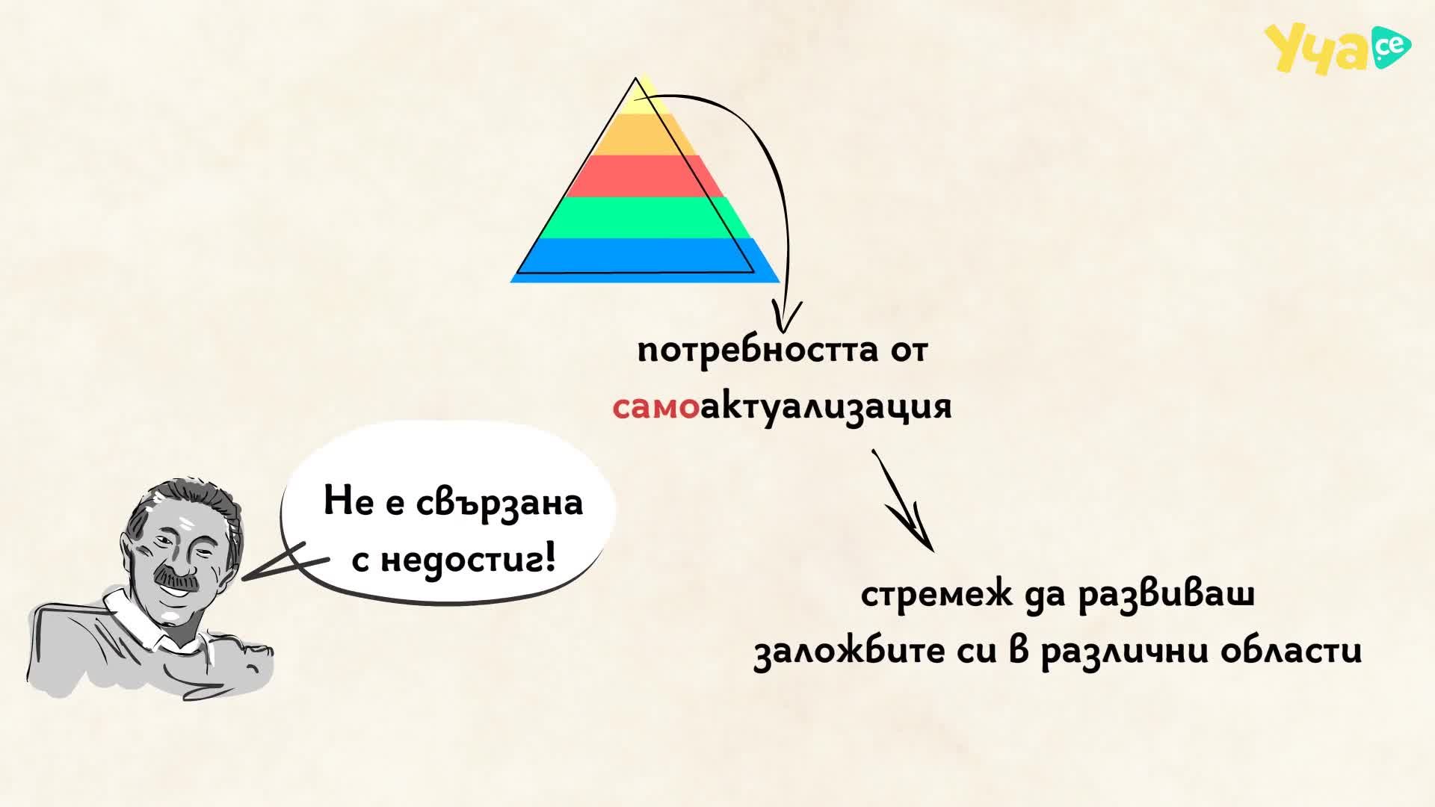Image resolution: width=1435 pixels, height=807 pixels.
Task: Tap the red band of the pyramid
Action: point(644,176)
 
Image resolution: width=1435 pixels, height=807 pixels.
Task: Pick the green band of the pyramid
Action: point(644,217)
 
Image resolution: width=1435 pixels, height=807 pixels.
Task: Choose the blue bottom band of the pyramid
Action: point(645,260)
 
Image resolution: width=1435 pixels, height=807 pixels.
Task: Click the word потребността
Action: point(757,351)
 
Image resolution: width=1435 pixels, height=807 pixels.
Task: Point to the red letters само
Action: point(655,408)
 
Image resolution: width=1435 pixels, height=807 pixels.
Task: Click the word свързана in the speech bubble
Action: point(499,502)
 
